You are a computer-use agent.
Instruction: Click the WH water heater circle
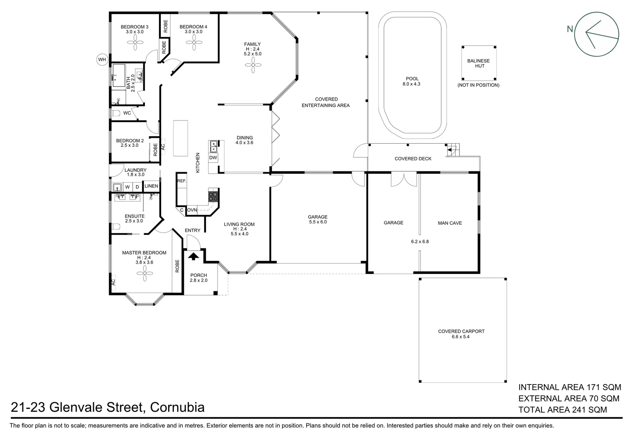click(102, 60)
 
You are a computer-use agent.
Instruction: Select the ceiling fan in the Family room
click(252, 65)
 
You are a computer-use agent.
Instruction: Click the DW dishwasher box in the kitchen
click(213, 158)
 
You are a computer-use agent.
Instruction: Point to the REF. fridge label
click(181, 181)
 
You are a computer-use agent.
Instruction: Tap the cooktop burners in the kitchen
click(213, 196)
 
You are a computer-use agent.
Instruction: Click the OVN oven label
click(192, 210)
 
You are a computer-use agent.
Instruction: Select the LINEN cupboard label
click(151, 186)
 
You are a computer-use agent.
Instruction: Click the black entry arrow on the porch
click(193, 256)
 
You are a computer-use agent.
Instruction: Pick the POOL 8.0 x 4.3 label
click(412, 81)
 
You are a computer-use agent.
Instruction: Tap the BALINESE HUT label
click(478, 63)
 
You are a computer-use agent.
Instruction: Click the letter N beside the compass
click(570, 29)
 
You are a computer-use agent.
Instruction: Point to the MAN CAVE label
click(449, 223)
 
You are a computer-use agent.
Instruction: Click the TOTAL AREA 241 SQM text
click(563, 410)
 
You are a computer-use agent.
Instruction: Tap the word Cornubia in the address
click(177, 407)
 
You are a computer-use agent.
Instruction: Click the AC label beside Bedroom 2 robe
click(163, 147)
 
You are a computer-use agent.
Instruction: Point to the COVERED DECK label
click(413, 159)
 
